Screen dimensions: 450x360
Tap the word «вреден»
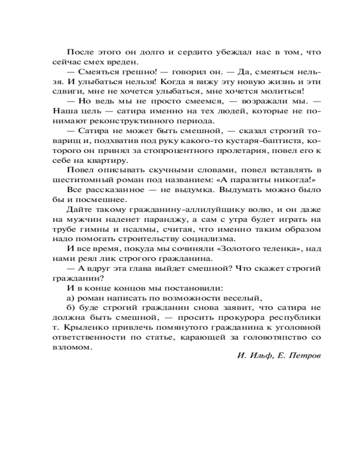125,62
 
